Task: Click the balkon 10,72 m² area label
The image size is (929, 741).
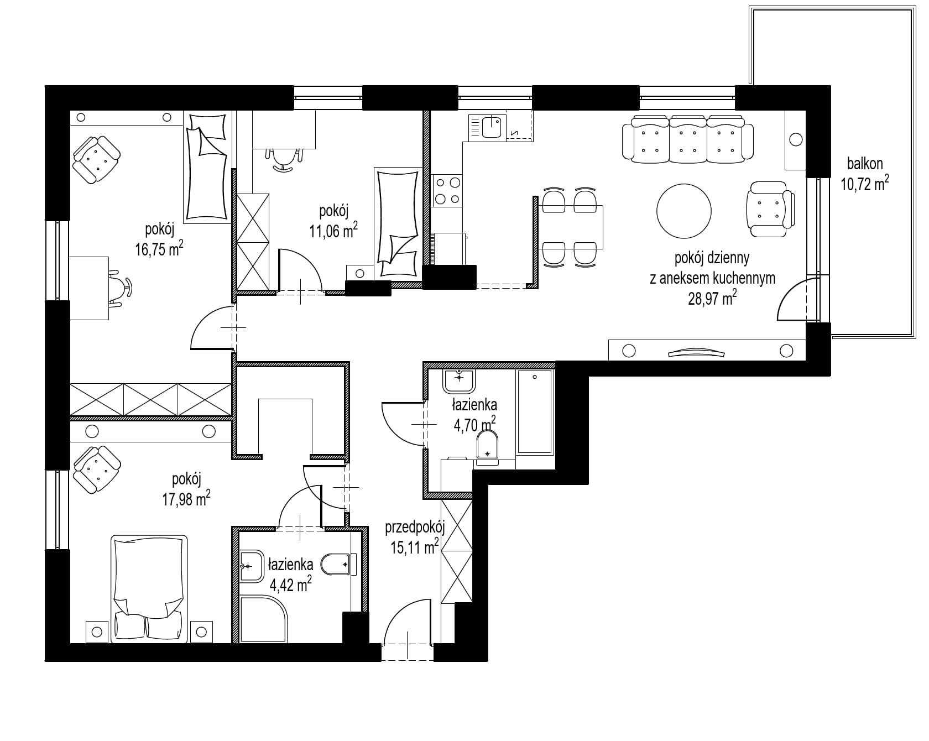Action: point(865,175)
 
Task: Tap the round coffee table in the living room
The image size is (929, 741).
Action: point(683,210)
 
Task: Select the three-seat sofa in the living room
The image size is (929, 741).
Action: point(688,139)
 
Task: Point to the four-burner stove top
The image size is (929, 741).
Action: point(447,190)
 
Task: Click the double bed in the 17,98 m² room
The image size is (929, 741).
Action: point(149,588)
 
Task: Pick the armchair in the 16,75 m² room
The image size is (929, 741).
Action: point(97,159)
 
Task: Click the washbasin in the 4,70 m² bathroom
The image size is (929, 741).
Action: point(459,380)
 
